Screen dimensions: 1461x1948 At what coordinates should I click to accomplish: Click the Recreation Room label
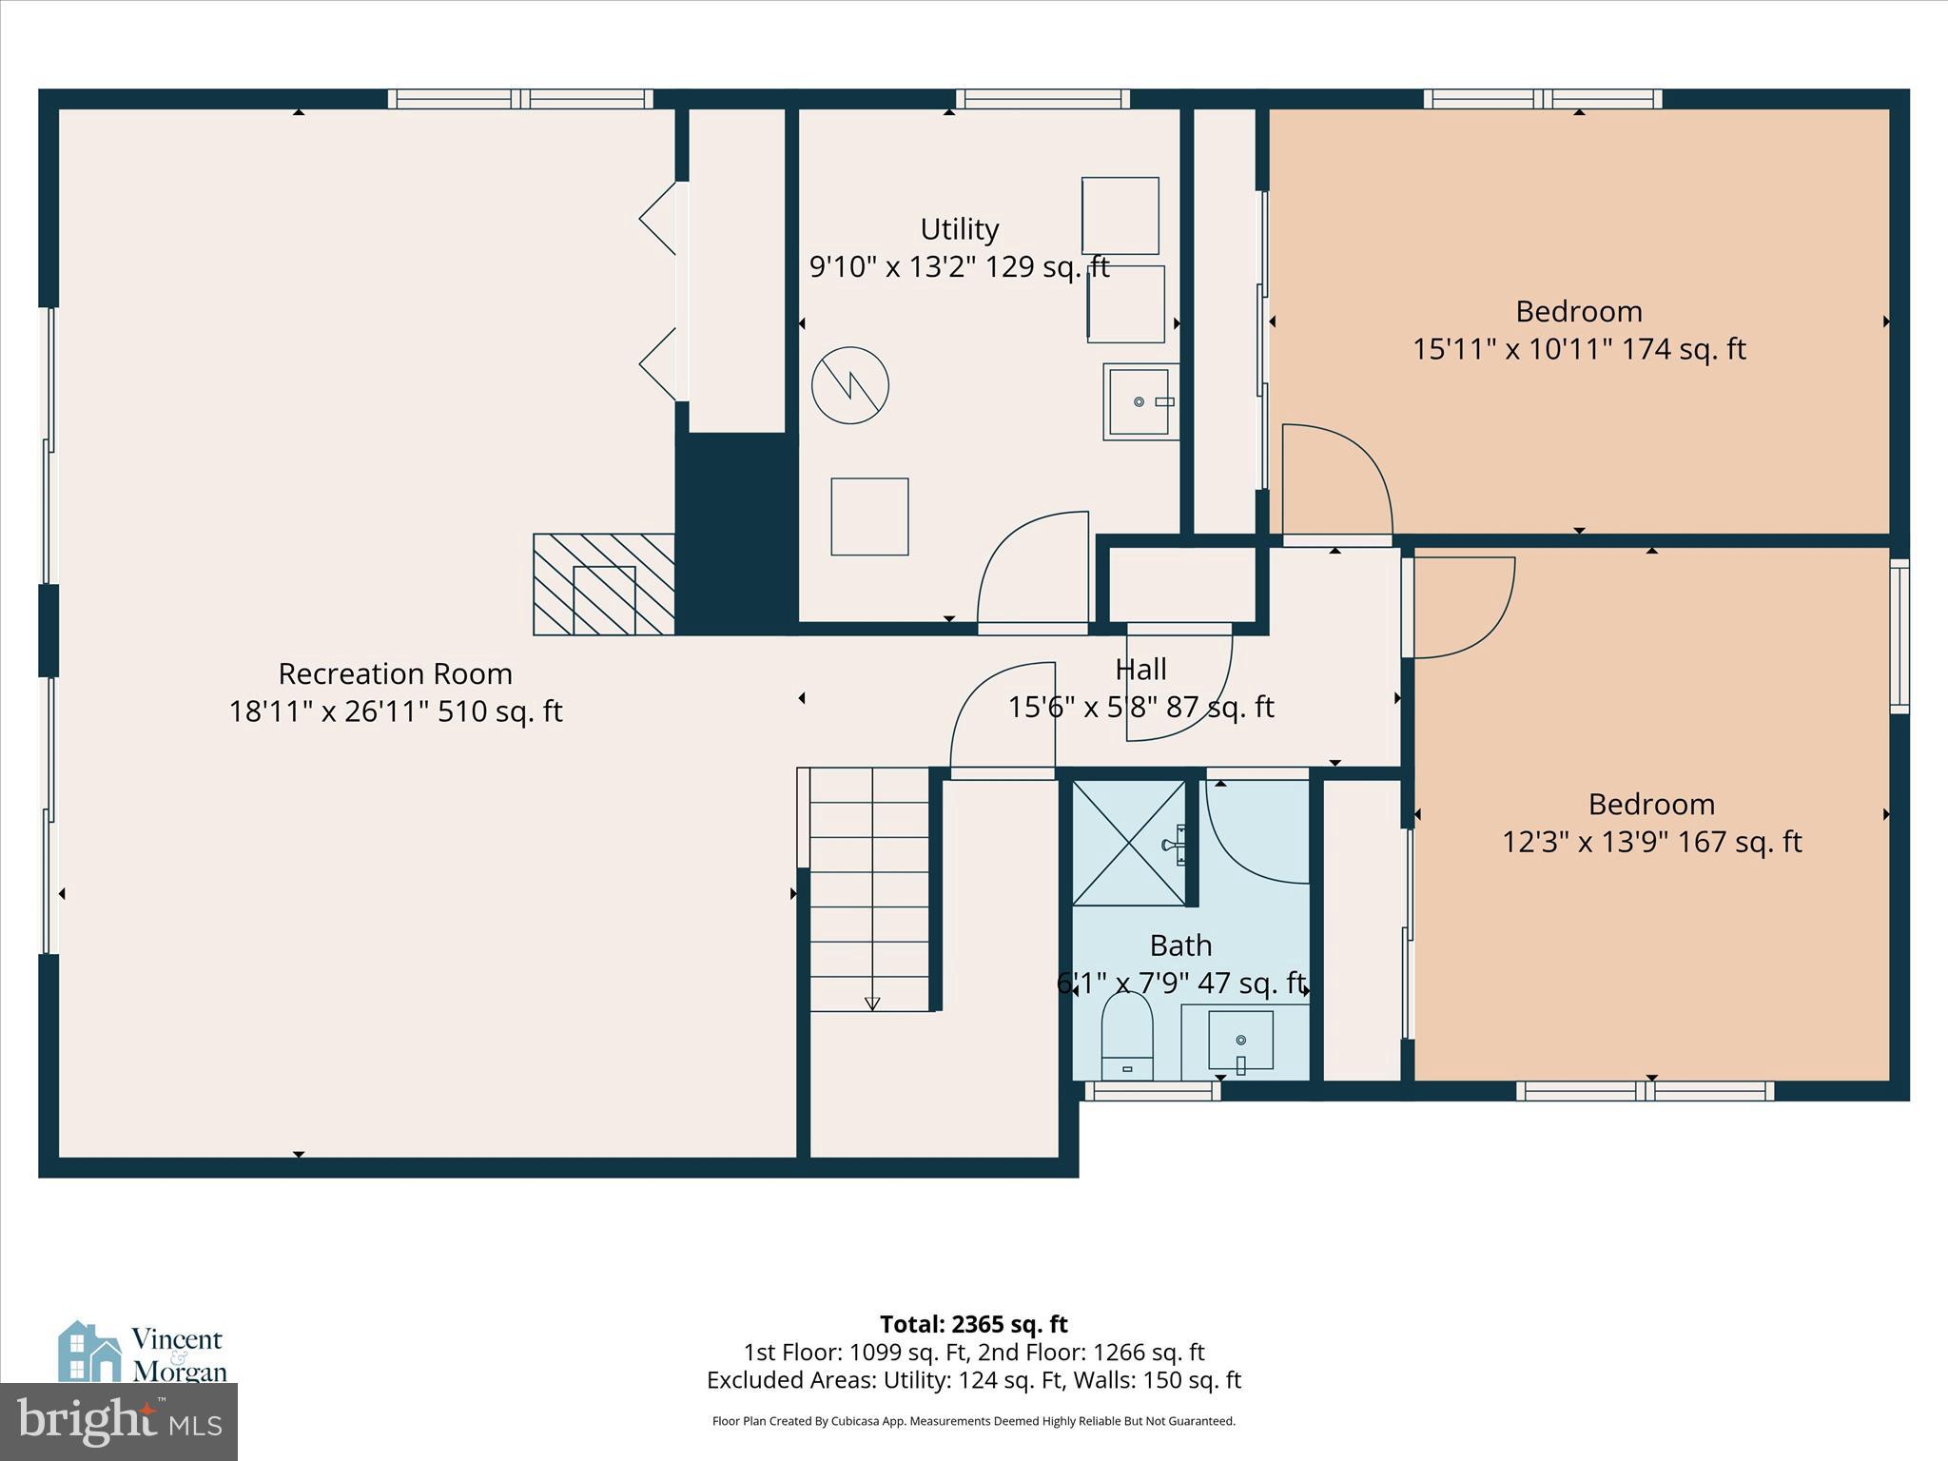tap(395, 673)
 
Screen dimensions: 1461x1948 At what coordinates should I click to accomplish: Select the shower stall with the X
tap(1129, 843)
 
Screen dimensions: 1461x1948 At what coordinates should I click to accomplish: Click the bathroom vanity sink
tap(1240, 1041)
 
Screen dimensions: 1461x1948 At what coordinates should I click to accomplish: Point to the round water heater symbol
tap(849, 385)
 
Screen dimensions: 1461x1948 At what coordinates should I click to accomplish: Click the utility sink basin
tap(1140, 401)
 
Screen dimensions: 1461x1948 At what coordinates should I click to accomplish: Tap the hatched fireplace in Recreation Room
tap(603, 584)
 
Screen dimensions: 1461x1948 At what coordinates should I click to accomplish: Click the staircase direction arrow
tap(872, 1003)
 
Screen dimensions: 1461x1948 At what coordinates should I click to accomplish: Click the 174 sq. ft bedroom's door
tap(1336, 480)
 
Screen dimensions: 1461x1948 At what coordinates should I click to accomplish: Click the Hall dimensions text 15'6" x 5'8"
tap(1140, 707)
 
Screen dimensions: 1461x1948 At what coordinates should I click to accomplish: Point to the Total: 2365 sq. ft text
tap(973, 1324)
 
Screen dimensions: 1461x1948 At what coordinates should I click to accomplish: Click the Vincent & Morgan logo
tap(143, 1353)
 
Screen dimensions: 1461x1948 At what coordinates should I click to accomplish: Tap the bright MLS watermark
tap(119, 1421)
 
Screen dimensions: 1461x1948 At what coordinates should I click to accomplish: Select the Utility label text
tap(959, 229)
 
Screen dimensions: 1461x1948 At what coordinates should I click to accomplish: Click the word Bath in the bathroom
tap(1180, 945)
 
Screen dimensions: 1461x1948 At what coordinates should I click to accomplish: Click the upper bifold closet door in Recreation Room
tap(658, 219)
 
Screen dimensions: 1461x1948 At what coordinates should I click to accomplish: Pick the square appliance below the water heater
tap(869, 516)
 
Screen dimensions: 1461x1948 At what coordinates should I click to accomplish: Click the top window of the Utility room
tap(1042, 99)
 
